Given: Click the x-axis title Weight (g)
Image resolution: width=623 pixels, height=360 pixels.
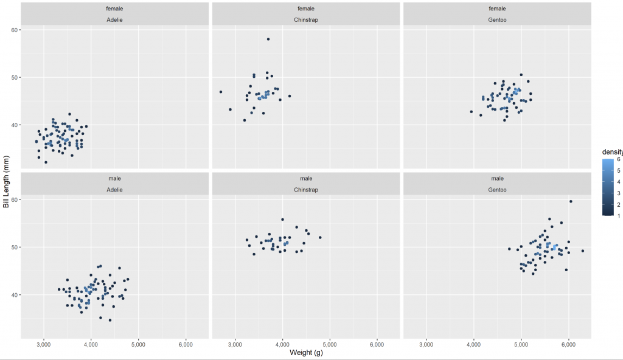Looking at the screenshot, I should click(x=306, y=353).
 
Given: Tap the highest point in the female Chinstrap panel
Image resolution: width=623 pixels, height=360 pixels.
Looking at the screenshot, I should click(x=268, y=39).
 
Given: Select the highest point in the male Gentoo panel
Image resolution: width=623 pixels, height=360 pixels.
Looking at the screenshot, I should click(x=571, y=201).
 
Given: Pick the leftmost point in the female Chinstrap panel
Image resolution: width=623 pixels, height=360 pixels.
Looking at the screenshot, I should click(x=221, y=92).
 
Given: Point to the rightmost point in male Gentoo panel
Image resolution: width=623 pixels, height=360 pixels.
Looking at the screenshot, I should click(x=583, y=251).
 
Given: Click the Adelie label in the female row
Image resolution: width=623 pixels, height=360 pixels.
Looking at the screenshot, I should click(x=115, y=20).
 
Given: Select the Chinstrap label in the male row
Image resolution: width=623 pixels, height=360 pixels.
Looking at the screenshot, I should click(x=306, y=190).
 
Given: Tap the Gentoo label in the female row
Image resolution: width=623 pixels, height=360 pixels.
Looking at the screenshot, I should click(x=497, y=20).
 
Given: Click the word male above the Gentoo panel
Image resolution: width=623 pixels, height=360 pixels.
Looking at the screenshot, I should click(x=497, y=179).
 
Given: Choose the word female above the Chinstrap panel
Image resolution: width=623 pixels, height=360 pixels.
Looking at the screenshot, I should click(x=306, y=9).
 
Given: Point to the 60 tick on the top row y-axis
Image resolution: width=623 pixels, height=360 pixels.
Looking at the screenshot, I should click(x=16, y=30).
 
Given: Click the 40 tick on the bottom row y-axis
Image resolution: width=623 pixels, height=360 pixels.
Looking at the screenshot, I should click(x=16, y=295).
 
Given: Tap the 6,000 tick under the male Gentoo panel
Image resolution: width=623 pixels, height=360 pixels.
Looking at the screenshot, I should click(x=568, y=344).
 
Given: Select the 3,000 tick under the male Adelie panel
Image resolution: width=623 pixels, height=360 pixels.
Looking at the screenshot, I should click(x=43, y=344).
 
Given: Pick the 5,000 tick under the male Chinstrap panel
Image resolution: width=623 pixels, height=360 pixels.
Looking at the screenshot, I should click(x=330, y=344).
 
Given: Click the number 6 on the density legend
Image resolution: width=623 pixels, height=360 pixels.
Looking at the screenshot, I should click(x=618, y=159).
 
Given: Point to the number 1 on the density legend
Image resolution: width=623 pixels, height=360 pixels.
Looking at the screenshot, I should click(x=618, y=215).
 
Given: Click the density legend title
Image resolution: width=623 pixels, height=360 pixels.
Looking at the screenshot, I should click(x=611, y=151).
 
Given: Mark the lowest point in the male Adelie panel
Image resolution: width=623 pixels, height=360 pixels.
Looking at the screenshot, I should click(x=110, y=320).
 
